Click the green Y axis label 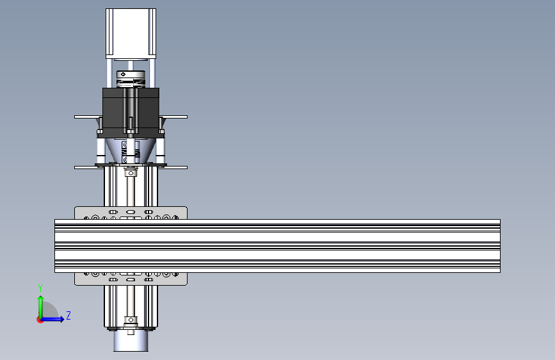tap(40, 288)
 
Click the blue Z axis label tap(68, 315)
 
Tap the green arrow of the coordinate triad tap(40, 304)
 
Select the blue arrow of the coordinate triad tap(55, 318)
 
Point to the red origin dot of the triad tap(40, 319)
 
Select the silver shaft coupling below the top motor tap(131, 79)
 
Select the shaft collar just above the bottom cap tap(131, 320)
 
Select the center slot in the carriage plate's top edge tap(131, 211)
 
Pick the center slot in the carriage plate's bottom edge tap(131, 280)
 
